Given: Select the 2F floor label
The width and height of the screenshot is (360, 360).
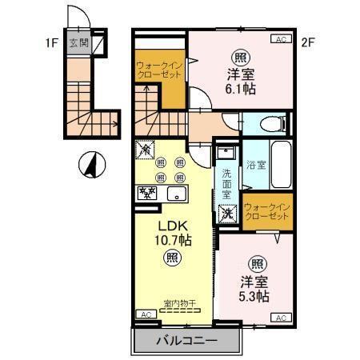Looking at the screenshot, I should tap(308, 43).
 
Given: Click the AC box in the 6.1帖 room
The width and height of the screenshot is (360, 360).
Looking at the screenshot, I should tap(281, 38).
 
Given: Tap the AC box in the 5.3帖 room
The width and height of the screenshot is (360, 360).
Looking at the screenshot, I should tap(281, 318).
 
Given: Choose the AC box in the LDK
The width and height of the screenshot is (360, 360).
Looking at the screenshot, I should tap(146, 316).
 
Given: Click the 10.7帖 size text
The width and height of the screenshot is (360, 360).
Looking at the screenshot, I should tap(172, 239).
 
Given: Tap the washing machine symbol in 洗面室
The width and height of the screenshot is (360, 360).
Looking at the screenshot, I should tap(228, 214).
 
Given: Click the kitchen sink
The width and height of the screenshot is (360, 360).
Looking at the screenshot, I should tap(174, 193).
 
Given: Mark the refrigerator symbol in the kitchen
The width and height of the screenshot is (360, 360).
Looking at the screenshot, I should tap(145, 148).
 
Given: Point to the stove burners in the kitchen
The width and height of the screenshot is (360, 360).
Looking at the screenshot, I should tap(147, 193).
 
